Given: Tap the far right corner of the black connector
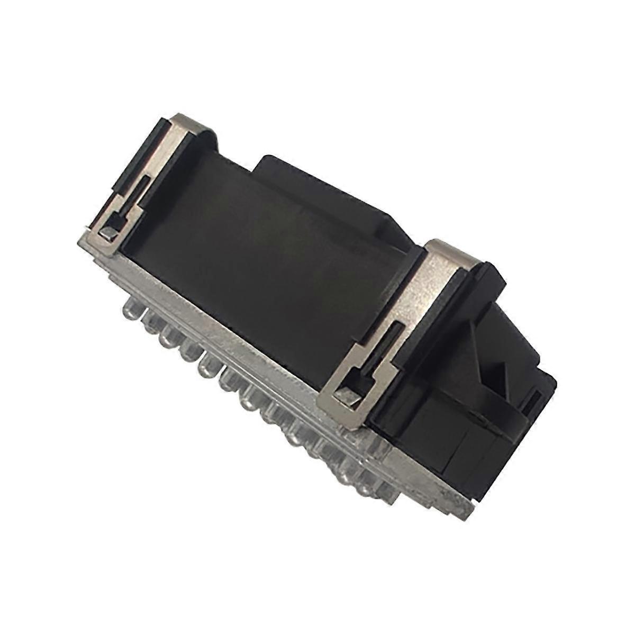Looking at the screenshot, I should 556,381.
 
